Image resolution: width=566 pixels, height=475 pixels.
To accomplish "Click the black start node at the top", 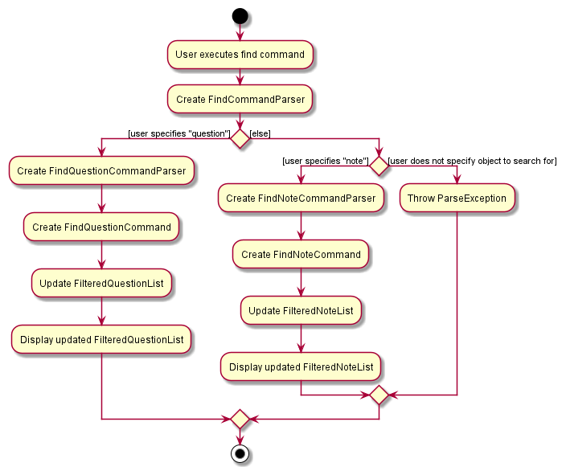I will click(240, 16).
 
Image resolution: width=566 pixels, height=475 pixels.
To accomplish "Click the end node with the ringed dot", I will click(240, 454).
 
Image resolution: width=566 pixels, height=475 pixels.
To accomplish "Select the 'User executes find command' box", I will click(240, 55).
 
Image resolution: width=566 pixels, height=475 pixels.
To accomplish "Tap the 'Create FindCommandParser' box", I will click(240, 100).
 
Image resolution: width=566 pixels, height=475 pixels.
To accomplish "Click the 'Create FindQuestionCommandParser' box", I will click(101, 170).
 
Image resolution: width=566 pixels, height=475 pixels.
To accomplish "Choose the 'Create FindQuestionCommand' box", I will click(101, 227).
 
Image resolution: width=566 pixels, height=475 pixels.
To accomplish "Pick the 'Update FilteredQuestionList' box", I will click(101, 283).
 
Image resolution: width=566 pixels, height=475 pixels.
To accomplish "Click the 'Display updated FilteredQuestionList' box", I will click(101, 339).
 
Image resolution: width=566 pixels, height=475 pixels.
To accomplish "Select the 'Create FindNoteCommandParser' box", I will click(301, 198).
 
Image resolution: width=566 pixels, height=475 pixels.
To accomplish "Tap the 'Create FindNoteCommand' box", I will click(301, 254).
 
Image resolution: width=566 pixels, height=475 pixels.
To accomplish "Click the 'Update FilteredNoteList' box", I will click(301, 310).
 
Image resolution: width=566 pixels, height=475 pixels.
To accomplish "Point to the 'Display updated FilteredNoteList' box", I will click(301, 366).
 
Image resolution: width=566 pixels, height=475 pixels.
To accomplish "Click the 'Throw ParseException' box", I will click(457, 198).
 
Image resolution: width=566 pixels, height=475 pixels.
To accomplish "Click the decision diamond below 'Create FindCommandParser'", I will click(240, 138).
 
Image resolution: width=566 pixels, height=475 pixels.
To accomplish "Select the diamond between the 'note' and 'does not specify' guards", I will click(379, 166).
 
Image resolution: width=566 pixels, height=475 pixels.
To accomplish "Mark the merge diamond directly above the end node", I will click(240, 419).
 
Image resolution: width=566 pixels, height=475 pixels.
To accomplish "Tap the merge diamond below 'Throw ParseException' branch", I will click(379, 395).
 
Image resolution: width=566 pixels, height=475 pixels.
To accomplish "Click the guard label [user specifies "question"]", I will click(178, 133).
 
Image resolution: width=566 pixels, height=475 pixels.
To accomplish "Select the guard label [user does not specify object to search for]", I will click(473, 161).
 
